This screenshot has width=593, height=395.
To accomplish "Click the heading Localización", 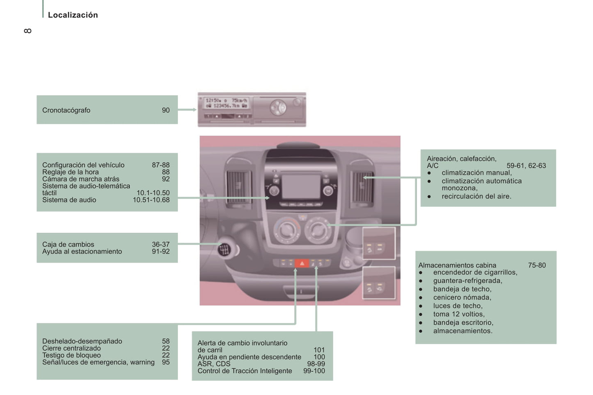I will point(73,15).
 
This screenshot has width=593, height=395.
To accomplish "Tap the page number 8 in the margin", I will point(27,31).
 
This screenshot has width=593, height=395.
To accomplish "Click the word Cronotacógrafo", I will point(66,110).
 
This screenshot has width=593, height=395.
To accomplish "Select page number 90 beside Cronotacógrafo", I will point(165,110).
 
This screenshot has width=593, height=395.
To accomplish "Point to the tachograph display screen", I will point(226,103).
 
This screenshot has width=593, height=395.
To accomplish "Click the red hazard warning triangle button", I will point(302,263).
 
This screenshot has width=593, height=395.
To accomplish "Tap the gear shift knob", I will point(224,249).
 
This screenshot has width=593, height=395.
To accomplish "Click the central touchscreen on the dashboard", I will point(301,187).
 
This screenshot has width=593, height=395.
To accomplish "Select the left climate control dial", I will point(286,230).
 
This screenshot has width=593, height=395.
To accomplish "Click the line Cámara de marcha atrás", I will point(81,179).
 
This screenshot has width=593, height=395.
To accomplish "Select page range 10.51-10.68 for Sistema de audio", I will point(151,200).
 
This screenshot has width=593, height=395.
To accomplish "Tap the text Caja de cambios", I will point(68,245).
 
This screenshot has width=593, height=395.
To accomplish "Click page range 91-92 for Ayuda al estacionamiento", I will point(160,252).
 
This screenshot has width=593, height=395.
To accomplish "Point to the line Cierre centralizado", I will point(71,348).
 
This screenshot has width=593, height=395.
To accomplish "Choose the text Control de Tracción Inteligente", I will point(245,371).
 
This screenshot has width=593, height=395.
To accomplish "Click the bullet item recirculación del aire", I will point(476,196).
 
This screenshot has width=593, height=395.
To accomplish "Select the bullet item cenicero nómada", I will point(462,297).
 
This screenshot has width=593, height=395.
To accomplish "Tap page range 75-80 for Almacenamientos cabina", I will point(537,266).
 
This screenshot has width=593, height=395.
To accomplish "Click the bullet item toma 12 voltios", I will point(459,314).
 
